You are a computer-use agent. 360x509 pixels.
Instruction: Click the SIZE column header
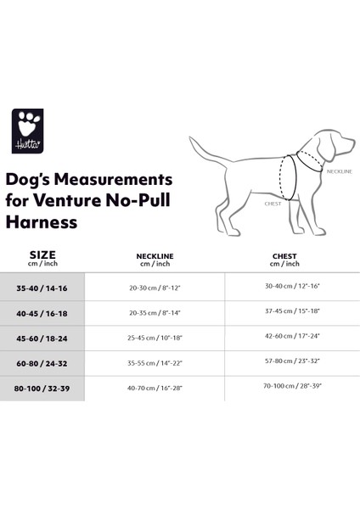point(42,255)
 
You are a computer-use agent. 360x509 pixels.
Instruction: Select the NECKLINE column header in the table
point(155,259)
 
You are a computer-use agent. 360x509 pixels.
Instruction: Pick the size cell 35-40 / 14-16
point(42,288)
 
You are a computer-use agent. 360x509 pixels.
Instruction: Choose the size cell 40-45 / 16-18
point(42,313)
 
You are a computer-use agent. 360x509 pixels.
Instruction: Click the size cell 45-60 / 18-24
point(42,338)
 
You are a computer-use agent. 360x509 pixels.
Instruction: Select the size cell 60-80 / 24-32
point(42,362)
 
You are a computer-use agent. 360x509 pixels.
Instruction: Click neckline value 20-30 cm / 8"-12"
point(155,288)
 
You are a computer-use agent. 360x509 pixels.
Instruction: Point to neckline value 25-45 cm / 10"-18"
point(155,338)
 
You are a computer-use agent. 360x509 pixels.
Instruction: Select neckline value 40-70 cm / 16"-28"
point(155,388)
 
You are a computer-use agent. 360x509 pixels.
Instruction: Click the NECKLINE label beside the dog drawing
point(338,171)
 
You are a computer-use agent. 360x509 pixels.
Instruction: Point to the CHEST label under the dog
point(273,204)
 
